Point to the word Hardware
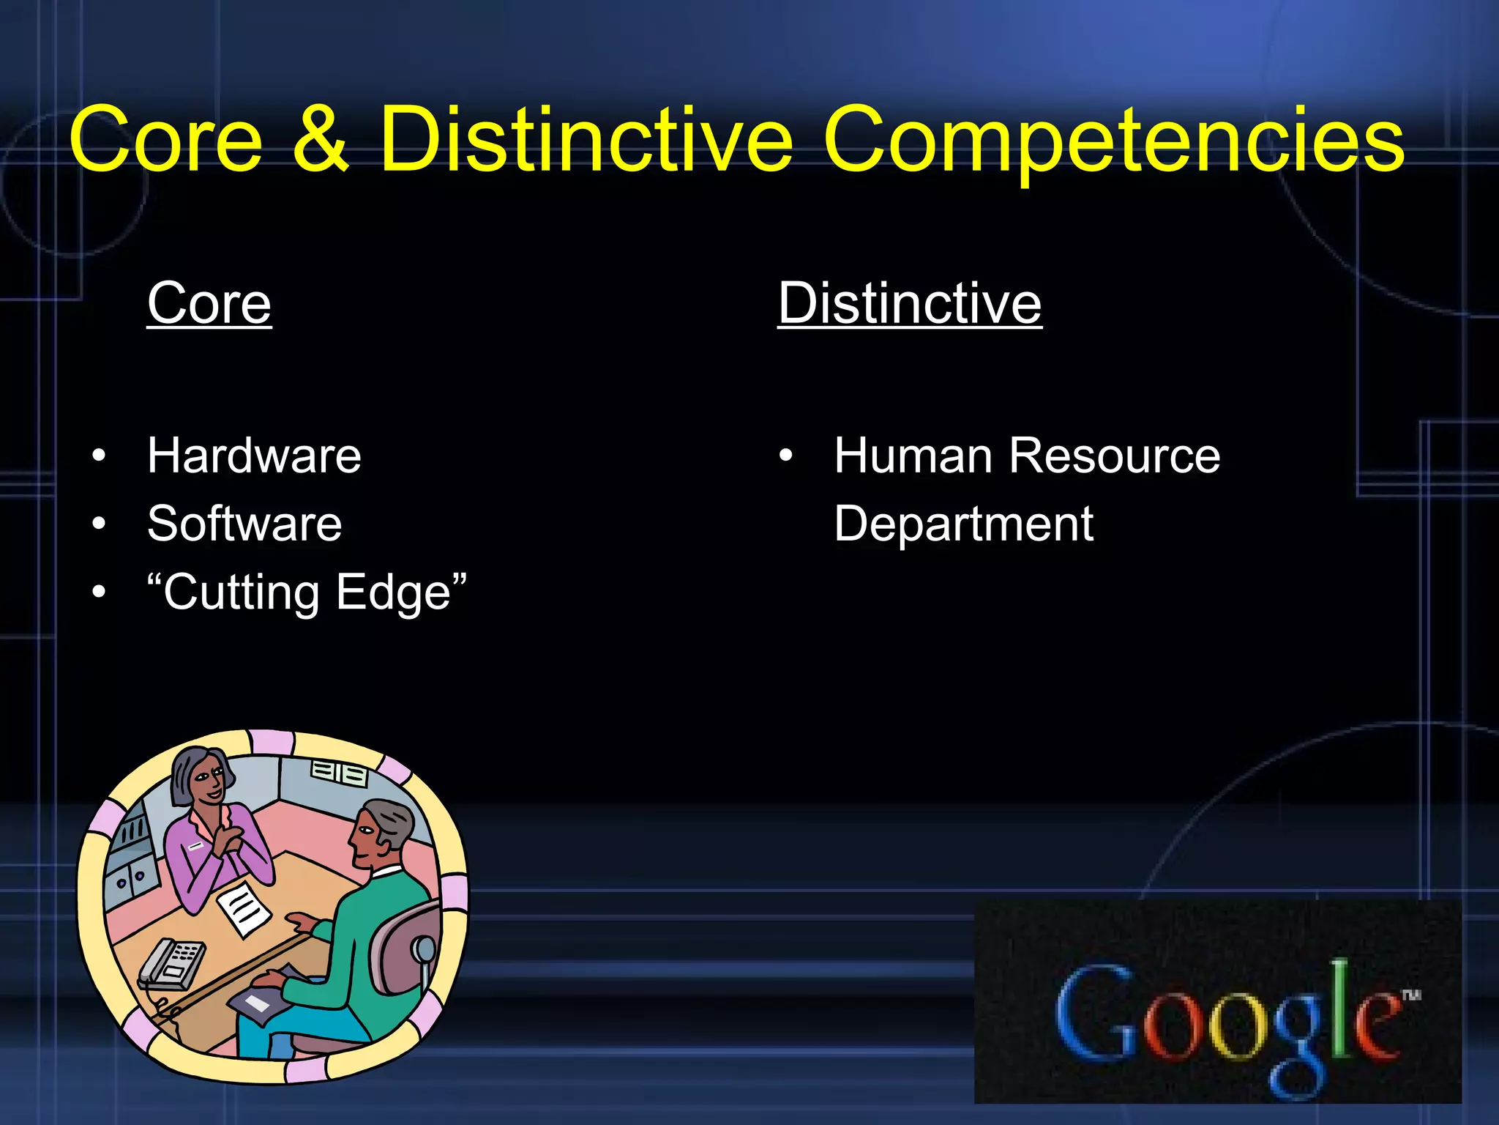click(x=254, y=456)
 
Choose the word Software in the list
click(x=244, y=524)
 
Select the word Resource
click(x=1115, y=456)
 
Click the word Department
click(x=963, y=524)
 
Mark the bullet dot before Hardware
click(x=100, y=456)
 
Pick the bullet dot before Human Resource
click(x=785, y=456)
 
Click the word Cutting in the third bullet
click(x=242, y=592)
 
